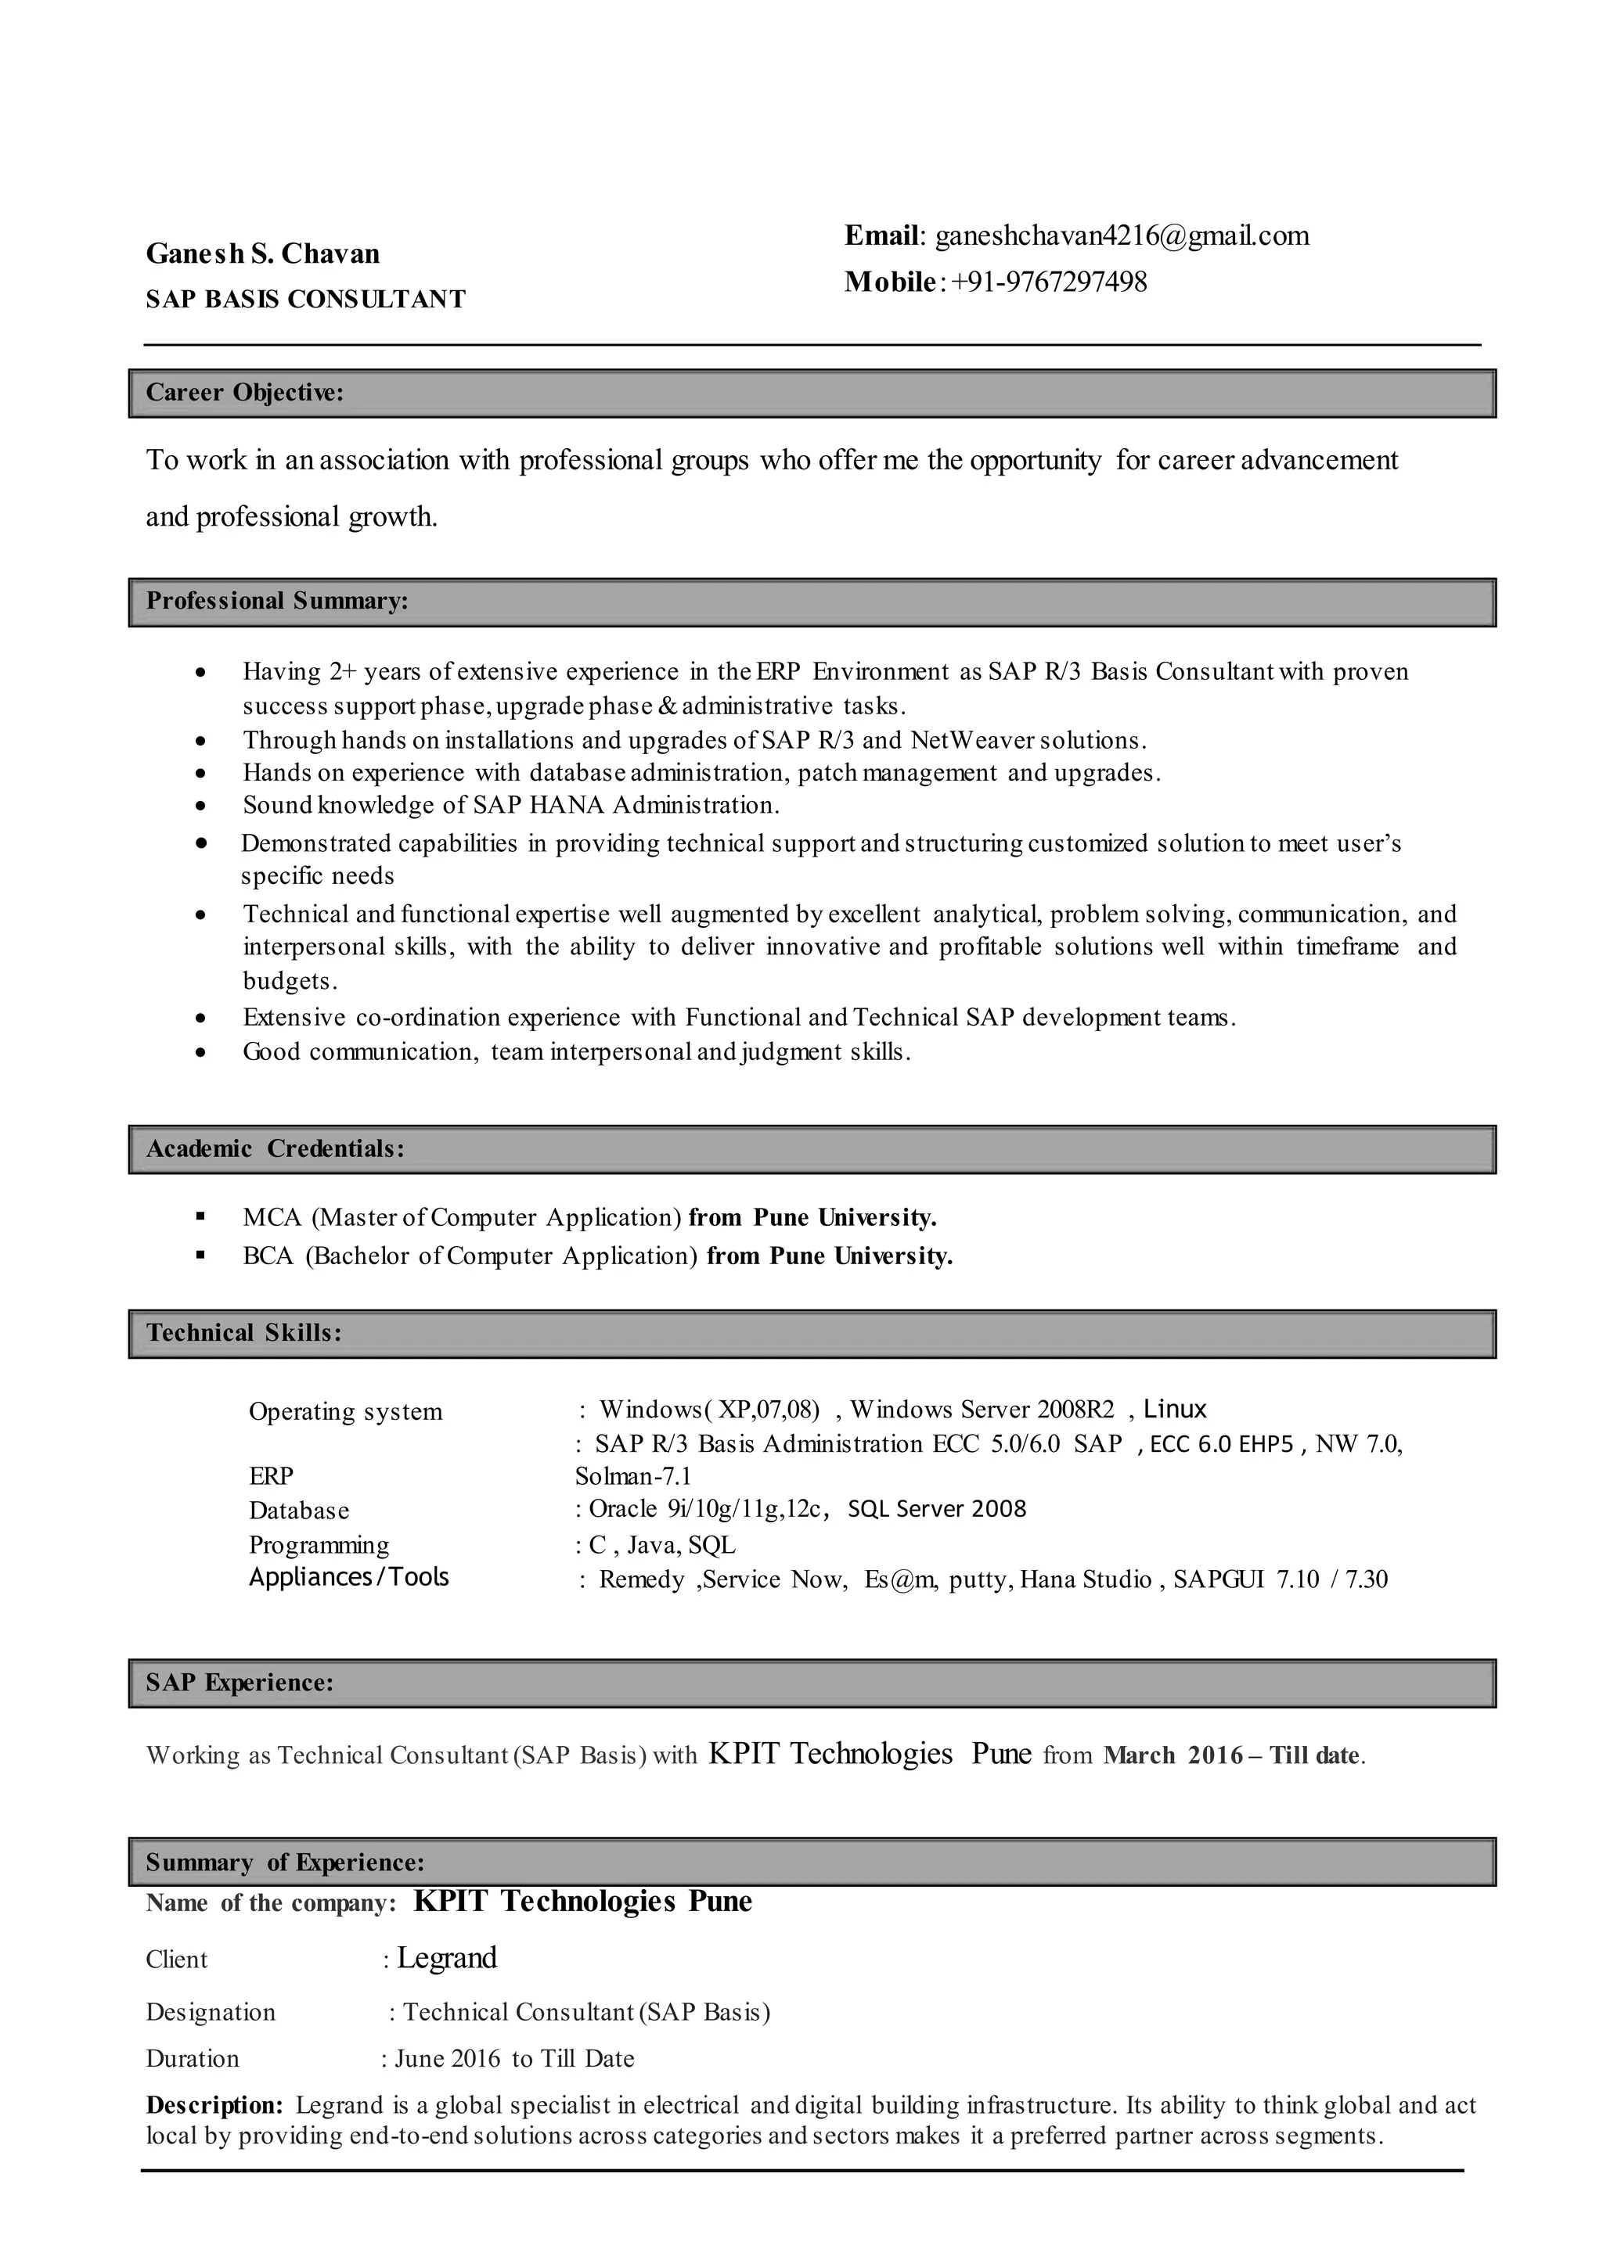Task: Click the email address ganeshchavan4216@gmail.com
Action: (1122, 236)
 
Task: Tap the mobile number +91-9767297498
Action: (1049, 282)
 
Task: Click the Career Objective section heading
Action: (245, 393)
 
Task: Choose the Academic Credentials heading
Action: (275, 1148)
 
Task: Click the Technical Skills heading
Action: (244, 1333)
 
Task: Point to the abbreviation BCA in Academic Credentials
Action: (268, 1256)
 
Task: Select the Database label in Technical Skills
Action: (298, 1511)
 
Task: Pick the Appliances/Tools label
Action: (348, 1577)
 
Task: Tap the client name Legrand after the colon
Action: (446, 1959)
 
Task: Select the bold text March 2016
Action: (1173, 1755)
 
